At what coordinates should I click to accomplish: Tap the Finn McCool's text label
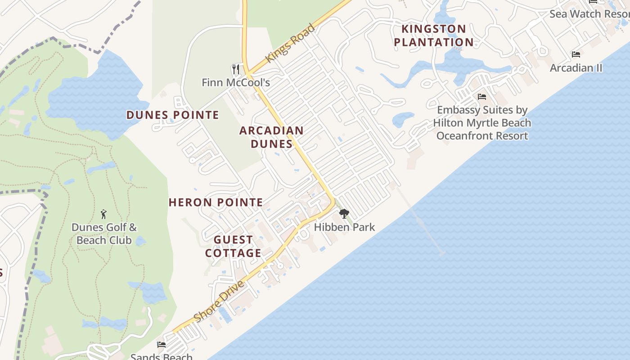click(236, 82)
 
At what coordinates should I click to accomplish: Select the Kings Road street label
click(290, 43)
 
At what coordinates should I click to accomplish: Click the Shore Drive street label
click(220, 301)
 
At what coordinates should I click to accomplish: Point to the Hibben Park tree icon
click(344, 214)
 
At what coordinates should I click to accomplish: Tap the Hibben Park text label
click(344, 227)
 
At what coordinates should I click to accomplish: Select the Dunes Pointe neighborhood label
click(172, 115)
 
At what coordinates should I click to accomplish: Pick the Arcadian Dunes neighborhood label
click(271, 137)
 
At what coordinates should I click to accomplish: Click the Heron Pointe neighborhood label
click(216, 202)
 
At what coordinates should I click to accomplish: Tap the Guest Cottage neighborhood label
click(233, 246)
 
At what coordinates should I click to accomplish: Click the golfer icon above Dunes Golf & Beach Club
click(104, 214)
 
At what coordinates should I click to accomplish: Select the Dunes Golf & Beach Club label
click(104, 234)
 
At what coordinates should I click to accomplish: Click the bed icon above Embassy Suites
click(482, 97)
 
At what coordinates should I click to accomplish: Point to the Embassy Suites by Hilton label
click(482, 123)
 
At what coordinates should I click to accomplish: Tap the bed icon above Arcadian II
click(576, 54)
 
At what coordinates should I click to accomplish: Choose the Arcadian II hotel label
click(576, 68)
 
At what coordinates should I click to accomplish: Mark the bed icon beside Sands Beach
click(162, 345)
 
